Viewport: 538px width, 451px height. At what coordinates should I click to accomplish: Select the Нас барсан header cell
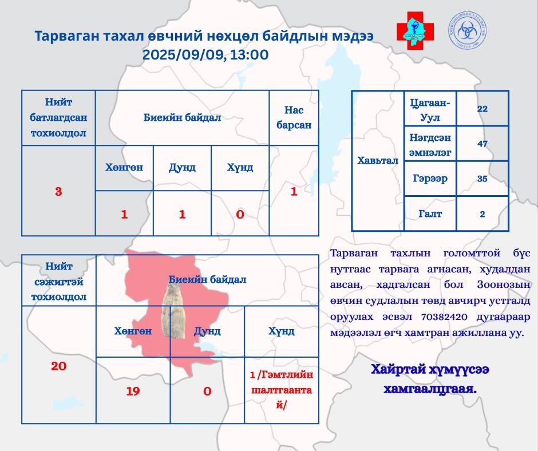coord(294,117)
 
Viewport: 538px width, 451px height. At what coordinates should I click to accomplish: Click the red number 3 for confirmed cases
coord(58,191)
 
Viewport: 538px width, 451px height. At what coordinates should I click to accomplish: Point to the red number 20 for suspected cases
coord(58,366)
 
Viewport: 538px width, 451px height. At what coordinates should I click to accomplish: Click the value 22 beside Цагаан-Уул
coord(482,109)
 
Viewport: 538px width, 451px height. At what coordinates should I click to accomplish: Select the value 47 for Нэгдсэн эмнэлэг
coord(482,144)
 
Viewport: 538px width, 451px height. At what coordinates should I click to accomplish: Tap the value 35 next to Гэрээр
coord(482,179)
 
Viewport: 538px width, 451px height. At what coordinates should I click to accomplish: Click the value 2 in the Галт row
coord(482,213)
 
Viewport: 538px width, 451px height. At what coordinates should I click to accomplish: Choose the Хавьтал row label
coord(378,161)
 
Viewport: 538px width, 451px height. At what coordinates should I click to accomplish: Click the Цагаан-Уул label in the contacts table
coord(430,109)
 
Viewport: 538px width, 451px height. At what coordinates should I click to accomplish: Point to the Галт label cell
coord(430,213)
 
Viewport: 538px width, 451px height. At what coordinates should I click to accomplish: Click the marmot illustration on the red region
coord(173,309)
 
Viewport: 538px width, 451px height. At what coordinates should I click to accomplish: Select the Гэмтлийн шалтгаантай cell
coord(281,389)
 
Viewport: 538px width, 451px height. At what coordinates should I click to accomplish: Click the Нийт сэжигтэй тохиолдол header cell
coord(58,281)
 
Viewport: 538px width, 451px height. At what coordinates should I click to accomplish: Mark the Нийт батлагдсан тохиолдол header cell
coord(58,117)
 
